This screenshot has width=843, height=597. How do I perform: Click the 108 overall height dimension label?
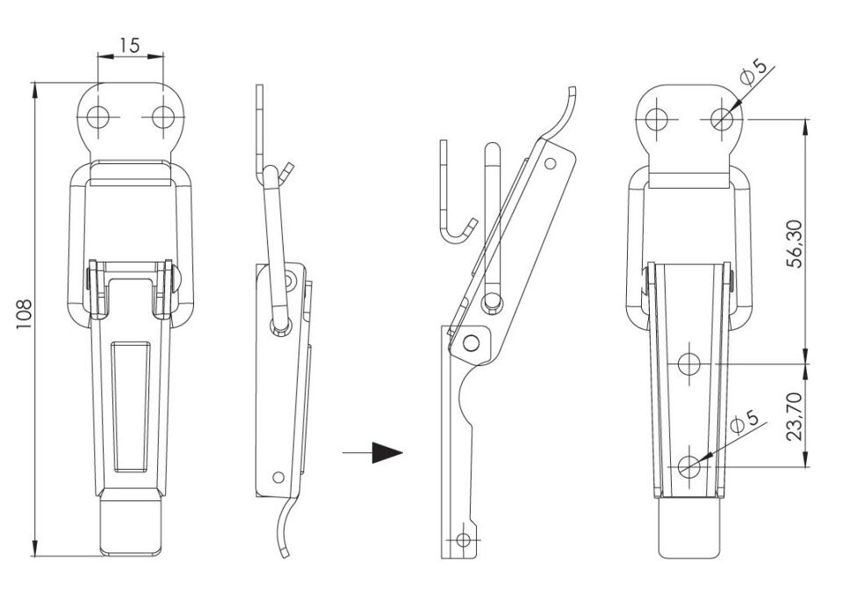[25, 313]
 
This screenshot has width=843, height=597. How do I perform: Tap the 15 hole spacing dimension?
[130, 45]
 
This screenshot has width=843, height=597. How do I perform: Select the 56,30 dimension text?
[794, 244]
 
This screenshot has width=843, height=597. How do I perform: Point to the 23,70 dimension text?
[794, 416]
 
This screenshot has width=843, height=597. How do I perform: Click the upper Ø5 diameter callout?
[753, 74]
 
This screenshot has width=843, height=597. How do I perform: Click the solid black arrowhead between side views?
[386, 452]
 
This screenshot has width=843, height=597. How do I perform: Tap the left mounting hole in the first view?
[97, 117]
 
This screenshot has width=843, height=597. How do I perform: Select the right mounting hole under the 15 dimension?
[163, 117]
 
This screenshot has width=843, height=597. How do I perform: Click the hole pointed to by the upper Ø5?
[722, 119]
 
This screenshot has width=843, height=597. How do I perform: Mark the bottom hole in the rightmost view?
[689, 466]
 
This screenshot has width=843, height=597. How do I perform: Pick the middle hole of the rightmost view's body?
[689, 363]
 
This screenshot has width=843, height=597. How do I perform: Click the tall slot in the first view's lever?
[131, 406]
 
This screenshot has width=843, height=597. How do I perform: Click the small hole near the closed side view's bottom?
[278, 476]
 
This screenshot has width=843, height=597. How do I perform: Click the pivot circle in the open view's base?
[471, 342]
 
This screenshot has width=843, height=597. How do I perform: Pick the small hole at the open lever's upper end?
[550, 162]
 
